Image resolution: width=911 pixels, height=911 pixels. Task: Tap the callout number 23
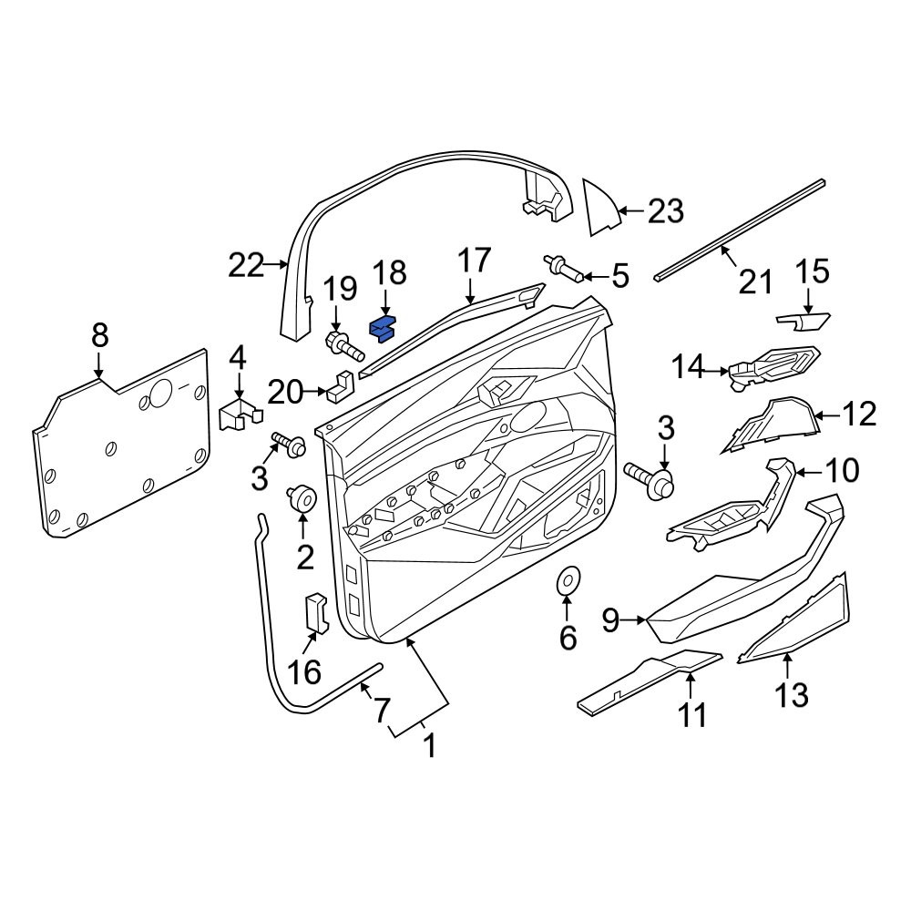[666, 211]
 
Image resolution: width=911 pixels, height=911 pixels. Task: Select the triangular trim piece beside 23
[603, 208]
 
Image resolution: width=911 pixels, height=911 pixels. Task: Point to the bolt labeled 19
[343, 345]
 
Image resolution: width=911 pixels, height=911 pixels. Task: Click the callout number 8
[100, 336]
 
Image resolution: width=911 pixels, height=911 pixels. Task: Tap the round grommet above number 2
[302, 499]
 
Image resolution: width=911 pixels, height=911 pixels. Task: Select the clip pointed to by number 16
[317, 612]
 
